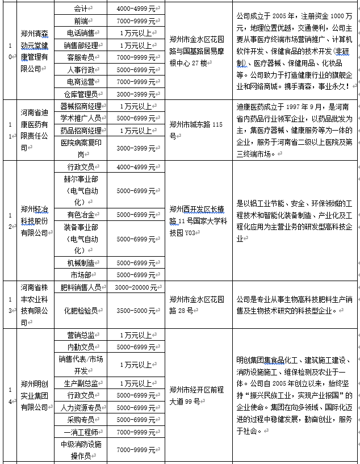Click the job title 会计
[81, 9]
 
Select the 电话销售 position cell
[81, 33]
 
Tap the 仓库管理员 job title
[81, 93]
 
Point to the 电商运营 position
[81, 81]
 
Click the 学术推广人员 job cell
[81, 118]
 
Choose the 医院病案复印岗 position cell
[81, 148]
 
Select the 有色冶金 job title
[81, 215]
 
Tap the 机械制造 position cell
[81, 262]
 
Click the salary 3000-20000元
[136, 287]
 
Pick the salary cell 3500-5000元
[136, 311]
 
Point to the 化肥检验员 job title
[81, 311]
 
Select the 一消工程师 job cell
[81, 432]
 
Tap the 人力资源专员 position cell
[81, 407]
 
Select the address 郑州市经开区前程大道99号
[198, 395]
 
